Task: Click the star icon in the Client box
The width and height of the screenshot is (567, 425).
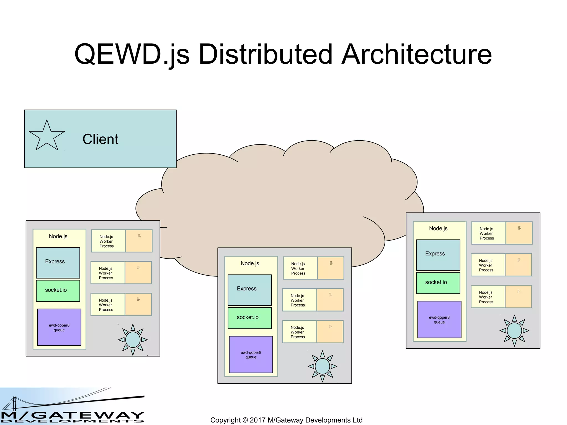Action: (x=47, y=136)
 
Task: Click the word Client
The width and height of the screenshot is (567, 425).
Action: (x=100, y=139)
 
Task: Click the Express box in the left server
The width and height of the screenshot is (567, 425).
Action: (x=58, y=263)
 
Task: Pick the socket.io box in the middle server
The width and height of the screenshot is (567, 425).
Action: (x=249, y=318)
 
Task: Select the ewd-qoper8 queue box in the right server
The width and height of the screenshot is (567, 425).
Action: (x=439, y=320)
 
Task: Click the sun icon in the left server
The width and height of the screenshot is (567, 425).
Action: (x=133, y=340)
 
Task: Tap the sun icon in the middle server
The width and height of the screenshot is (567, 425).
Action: (x=322, y=366)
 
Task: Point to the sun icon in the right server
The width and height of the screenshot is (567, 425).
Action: (x=514, y=330)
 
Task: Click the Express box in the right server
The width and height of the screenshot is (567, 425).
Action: (x=438, y=255)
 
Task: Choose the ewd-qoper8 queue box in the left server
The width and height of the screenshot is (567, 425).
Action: (x=59, y=327)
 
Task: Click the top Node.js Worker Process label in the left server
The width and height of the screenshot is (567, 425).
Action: (x=107, y=241)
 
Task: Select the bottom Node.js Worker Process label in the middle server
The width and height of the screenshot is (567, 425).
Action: (x=298, y=332)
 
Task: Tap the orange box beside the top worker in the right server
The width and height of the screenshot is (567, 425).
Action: (x=519, y=233)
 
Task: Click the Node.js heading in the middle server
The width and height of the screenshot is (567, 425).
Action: (x=250, y=263)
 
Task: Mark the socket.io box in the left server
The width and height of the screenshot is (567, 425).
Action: (x=58, y=291)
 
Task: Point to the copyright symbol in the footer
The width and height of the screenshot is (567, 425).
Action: (x=245, y=420)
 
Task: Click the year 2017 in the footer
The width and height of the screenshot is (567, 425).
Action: (x=257, y=420)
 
